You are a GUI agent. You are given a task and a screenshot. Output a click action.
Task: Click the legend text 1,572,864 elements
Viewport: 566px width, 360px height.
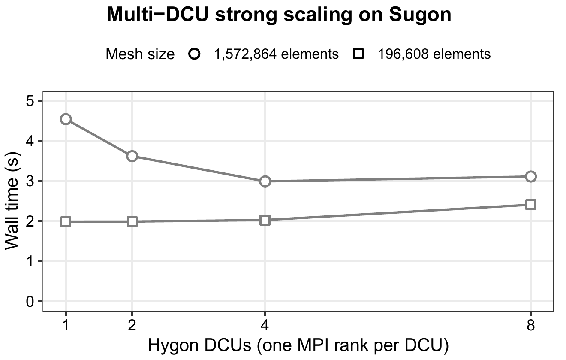tap(276, 54)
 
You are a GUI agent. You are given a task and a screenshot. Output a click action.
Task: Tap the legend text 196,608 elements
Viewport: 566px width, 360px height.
tap(434, 54)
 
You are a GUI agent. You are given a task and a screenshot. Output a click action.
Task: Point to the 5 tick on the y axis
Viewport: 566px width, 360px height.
tap(40, 101)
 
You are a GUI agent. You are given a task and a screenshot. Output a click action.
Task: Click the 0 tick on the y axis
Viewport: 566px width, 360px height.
tap(40, 301)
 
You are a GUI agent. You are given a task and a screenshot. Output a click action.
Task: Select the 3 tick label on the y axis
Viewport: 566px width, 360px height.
tap(30, 181)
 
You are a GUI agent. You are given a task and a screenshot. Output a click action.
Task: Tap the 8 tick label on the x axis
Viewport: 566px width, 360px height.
tap(531, 325)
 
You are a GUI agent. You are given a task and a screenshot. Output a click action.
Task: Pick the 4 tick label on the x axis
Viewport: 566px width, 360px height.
tap(265, 325)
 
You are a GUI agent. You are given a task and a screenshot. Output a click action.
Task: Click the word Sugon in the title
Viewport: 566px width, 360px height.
tap(420, 15)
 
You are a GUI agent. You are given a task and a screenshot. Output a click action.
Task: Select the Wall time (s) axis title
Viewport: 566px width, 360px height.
tap(12, 201)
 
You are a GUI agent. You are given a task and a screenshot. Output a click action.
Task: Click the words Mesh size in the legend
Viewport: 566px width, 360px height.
tap(140, 54)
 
